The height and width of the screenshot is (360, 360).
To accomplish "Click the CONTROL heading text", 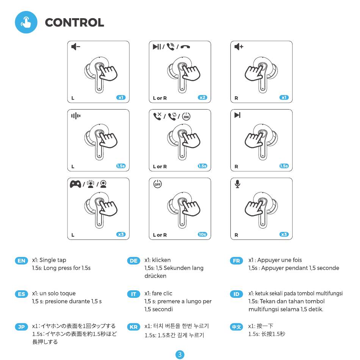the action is pos(74,22).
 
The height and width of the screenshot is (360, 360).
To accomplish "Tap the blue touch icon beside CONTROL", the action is pos(26,22).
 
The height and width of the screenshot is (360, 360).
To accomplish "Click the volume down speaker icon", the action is pos(76,47).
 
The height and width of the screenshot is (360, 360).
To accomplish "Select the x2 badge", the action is pos(203,97).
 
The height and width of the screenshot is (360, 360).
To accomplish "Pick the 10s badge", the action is pos(203,234).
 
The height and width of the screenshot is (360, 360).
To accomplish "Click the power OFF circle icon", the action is pos(157,184).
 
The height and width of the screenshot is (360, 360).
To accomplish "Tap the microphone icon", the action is pos(238,184).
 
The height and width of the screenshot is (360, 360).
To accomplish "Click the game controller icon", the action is pos(75,184).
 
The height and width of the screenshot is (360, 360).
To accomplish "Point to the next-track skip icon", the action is pos(238,115).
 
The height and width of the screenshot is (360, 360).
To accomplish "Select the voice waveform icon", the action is pos(76,116).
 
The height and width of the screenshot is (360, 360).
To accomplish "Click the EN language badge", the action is pos(21,261).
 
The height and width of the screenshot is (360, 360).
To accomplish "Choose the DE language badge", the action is pos(133,261).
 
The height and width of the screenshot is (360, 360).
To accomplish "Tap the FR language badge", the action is pos(236,261).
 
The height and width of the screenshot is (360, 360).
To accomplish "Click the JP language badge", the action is pos(21,327).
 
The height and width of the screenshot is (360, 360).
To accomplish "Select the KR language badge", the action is pos(133,327).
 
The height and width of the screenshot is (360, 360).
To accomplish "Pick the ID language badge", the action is pos(236,294).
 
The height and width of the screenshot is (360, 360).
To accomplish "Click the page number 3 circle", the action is pos(180,355).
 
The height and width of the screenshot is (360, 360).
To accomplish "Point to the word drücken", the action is pos(155,276).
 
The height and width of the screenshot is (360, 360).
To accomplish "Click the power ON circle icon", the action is pos(186,116).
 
